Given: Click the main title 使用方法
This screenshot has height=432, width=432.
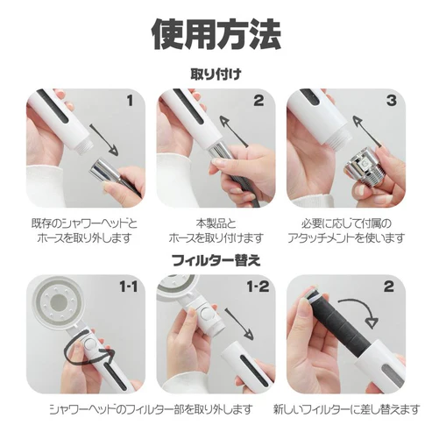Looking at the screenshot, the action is tap(216, 34).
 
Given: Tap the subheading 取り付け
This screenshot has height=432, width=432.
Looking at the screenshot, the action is tap(216, 74).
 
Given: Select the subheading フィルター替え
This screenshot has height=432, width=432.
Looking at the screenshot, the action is tap(216, 260).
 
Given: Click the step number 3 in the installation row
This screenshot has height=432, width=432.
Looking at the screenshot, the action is tap(391, 101).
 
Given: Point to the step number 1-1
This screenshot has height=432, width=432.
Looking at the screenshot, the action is tap(129, 287).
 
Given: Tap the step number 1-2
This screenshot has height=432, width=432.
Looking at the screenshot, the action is tap(258, 287).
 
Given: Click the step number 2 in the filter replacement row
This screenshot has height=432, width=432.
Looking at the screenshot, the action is tap(389, 287).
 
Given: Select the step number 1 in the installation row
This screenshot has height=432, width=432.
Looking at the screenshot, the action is tap(130, 101).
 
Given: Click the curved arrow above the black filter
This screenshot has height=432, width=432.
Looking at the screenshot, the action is tap(362, 307).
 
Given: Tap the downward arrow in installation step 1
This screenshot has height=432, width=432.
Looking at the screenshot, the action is tap(104, 140).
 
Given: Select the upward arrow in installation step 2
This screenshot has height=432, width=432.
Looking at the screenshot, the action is tap(234, 131).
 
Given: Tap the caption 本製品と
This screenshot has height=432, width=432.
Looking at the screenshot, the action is tap(216, 224).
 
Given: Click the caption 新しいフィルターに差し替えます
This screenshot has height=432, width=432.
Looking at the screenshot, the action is tap(346, 409).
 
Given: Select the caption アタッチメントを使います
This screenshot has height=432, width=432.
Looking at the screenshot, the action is tap(346, 238).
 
